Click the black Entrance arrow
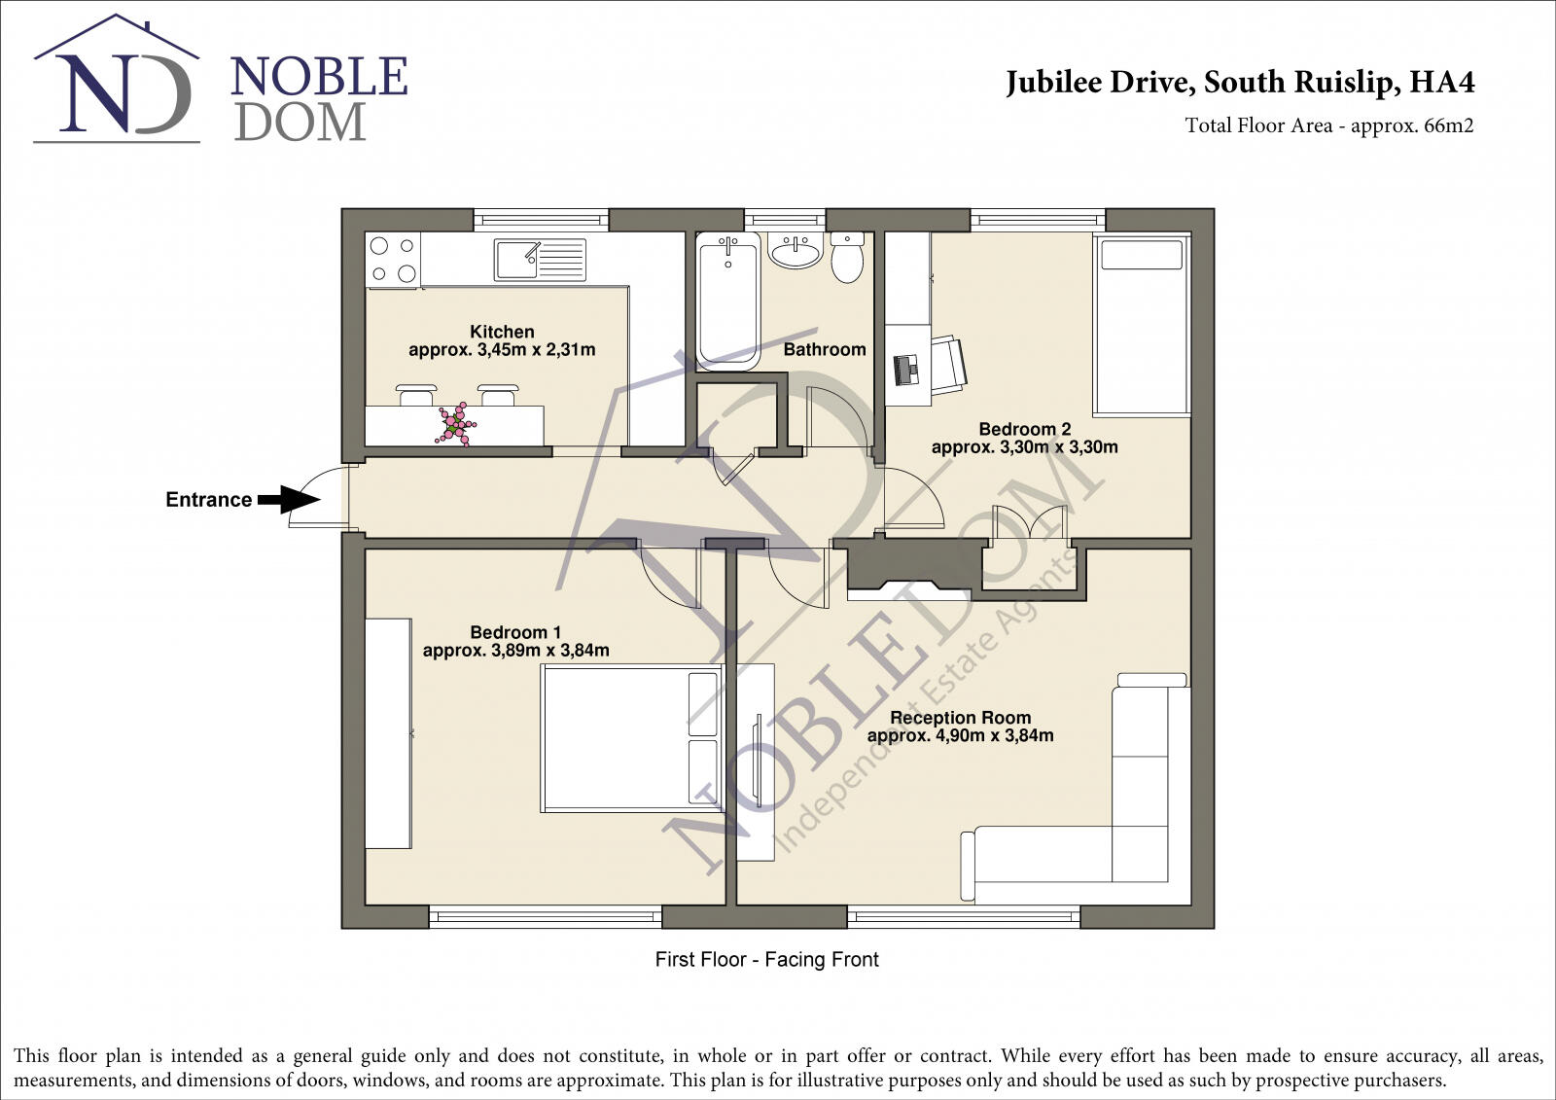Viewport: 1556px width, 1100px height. tap(288, 500)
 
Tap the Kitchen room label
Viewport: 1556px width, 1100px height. tap(502, 332)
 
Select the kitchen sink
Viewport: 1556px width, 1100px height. tap(540, 260)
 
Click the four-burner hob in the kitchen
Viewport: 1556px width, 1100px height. tap(393, 260)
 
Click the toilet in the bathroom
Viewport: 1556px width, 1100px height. tap(847, 258)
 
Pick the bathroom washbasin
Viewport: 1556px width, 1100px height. tap(796, 251)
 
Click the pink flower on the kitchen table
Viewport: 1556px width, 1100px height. tap(454, 426)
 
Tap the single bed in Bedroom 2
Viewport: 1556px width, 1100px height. tap(1142, 326)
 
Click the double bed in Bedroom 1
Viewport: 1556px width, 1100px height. tap(632, 738)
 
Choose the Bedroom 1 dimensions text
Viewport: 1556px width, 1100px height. tap(515, 651)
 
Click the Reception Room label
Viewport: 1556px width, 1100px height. tap(960, 718)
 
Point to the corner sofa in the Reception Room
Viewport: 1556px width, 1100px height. tap(1138, 827)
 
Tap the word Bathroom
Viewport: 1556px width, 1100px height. tap(825, 349)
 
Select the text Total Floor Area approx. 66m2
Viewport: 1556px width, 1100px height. tap(1328, 125)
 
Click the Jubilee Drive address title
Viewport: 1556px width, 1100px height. tap(1240, 83)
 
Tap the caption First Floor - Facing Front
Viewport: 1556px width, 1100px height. tap(766, 960)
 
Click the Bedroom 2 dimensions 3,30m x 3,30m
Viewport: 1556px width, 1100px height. tap(1024, 447)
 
